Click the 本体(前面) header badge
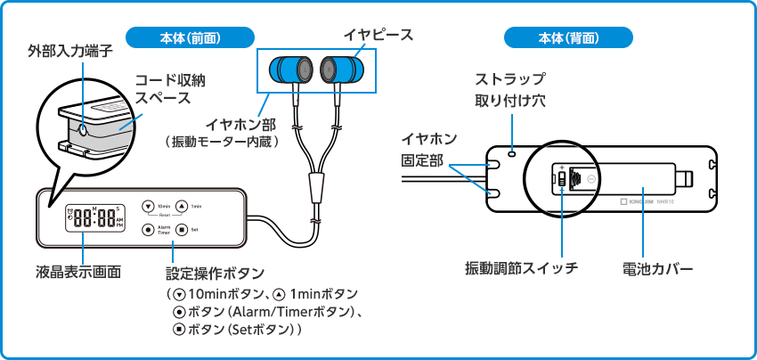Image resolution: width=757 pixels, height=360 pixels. [191, 37]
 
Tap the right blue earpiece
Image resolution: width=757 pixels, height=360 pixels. [339, 69]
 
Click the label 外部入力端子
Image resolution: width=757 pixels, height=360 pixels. [69, 52]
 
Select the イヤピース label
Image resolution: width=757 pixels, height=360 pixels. [378, 35]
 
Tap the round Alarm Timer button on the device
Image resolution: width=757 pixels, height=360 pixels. [149, 229]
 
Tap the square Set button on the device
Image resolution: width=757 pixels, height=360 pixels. [181, 229]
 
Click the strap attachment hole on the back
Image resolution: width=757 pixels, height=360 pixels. [511, 153]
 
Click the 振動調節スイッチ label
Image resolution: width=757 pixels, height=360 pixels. [521, 267]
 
